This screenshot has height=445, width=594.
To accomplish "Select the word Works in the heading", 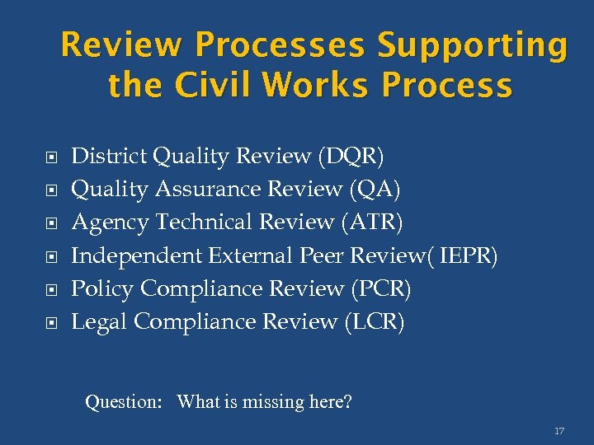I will [315, 85].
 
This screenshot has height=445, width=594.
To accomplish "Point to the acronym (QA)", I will [375, 189].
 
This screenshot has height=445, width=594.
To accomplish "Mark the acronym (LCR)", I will [374, 321].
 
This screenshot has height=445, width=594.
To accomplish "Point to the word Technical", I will [204, 222].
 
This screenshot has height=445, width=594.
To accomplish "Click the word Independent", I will [137, 255].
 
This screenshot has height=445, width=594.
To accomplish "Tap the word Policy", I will [103, 288].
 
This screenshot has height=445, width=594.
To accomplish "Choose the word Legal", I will [99, 321].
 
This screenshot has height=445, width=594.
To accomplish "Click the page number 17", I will [559, 431].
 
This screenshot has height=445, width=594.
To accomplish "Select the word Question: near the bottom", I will [124, 402].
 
